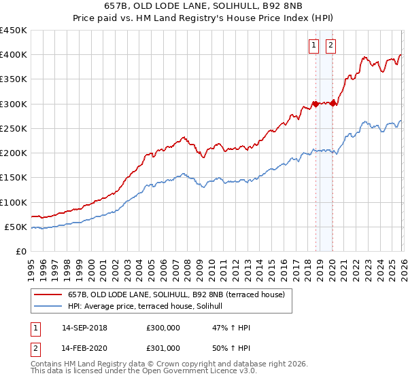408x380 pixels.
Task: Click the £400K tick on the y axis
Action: (14, 55)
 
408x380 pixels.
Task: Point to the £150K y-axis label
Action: (14, 178)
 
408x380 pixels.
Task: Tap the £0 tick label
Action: (20, 252)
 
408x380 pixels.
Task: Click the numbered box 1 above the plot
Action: (314, 45)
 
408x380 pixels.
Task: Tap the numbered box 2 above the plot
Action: (331, 45)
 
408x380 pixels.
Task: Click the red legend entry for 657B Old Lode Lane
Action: (180, 294)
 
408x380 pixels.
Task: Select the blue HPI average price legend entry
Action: (150, 307)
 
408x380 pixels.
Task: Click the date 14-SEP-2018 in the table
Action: (84, 328)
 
